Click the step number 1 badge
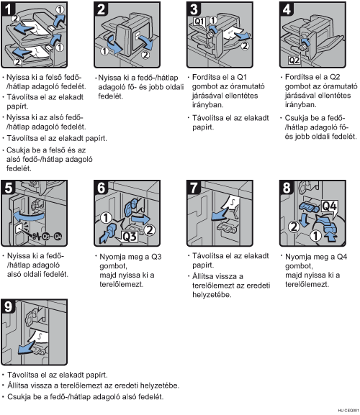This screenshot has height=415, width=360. click(8, 9)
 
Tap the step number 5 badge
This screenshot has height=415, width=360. click(8, 188)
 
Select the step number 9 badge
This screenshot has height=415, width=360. click(8, 306)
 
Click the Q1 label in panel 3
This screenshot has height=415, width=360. click(199, 22)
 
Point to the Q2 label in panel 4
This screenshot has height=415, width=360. click(294, 60)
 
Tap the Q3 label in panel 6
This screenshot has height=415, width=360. click(130, 236)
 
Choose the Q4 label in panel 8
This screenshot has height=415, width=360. click(329, 206)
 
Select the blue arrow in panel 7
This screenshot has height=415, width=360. click(220, 214)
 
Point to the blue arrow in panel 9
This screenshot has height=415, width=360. click(26, 348)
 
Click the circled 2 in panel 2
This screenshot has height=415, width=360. click(145, 55)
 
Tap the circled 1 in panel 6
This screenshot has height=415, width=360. click(107, 218)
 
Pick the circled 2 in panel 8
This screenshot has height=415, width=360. click(294, 227)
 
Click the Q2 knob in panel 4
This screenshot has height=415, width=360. click(302, 47)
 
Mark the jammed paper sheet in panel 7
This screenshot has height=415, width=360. click(231, 203)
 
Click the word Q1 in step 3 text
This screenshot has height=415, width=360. click(242, 77)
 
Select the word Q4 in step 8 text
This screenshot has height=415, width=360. click(342, 257)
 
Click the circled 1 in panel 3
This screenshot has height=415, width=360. click(213, 20)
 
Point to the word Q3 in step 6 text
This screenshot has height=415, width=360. click(156, 257)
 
